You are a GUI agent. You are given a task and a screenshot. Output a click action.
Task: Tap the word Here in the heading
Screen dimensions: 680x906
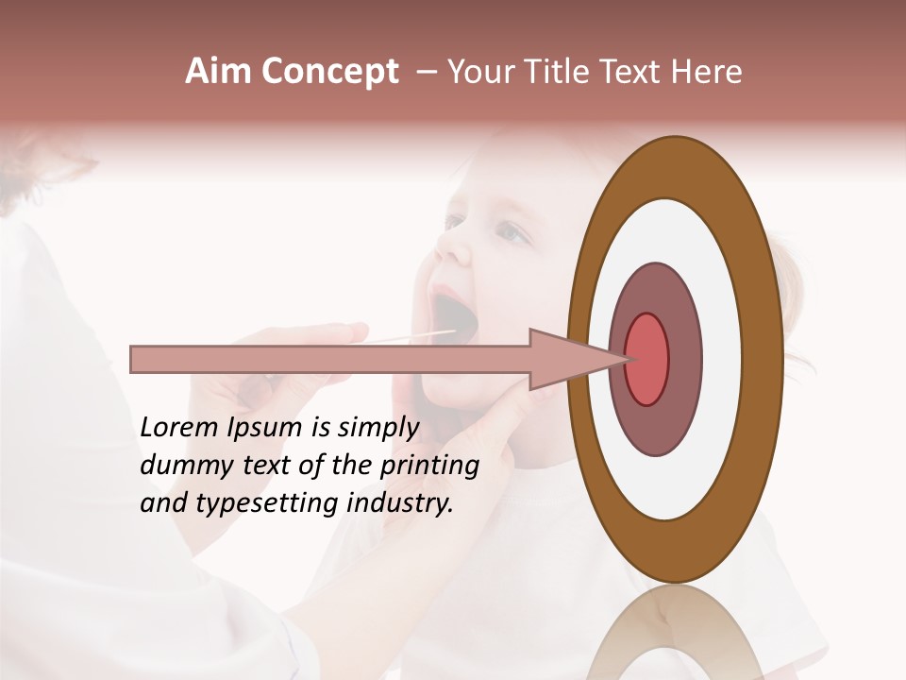tap(708, 72)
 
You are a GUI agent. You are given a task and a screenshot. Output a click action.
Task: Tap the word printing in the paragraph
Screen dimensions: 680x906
tap(429, 467)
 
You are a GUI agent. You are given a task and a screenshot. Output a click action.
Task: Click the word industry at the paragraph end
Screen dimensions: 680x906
tap(400, 503)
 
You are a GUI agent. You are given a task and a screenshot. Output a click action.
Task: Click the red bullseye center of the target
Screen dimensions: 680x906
tap(646, 359)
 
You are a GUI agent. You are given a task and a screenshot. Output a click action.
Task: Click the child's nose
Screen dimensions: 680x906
tap(452, 247)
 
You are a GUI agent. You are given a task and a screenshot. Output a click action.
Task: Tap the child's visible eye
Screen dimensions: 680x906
tap(511, 229)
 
